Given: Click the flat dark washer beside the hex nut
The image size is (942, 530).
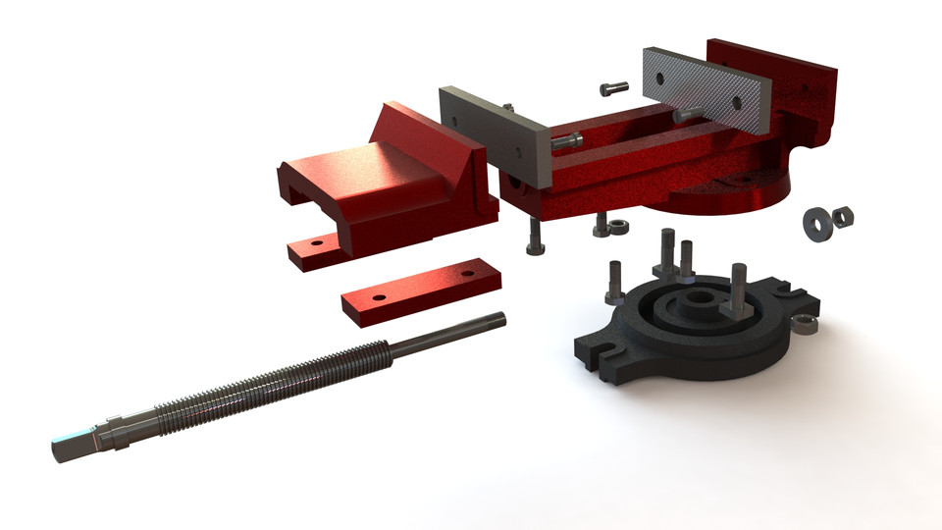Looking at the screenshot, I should click(816, 222).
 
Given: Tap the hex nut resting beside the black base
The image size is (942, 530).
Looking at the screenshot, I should click(804, 324).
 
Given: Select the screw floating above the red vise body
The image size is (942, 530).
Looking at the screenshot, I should click(612, 88).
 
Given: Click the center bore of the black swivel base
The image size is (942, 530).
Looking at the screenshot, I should click(699, 295).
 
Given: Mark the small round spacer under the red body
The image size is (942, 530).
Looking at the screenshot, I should click(618, 228).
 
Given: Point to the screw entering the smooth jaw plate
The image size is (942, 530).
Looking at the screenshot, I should click(567, 141).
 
